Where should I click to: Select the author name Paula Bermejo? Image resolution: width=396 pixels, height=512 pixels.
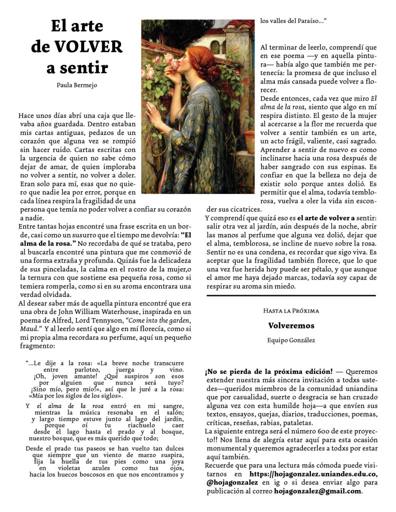(x=77, y=85)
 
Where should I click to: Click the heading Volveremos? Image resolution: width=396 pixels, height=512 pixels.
(x=291, y=325)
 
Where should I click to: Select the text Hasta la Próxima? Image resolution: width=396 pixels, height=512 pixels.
(x=291, y=310)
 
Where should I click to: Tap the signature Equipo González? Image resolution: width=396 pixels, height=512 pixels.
(x=291, y=340)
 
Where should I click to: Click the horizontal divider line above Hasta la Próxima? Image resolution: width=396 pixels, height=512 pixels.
(x=291, y=295)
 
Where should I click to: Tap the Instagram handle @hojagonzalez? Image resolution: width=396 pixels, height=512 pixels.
(x=232, y=482)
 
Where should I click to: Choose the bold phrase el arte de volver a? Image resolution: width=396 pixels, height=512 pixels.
(x=325, y=218)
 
